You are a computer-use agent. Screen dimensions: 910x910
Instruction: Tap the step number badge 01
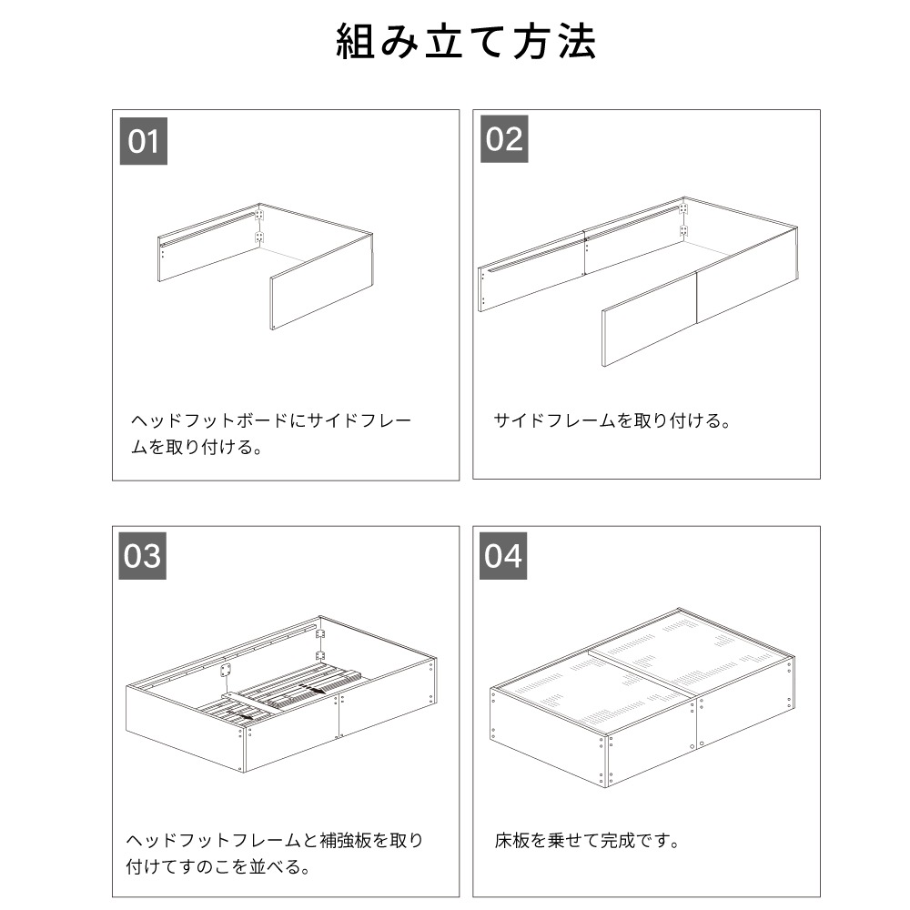coord(143,142)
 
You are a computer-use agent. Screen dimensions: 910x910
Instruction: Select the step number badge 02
coord(504,139)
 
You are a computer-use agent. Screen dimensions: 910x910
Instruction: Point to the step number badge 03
coord(143,555)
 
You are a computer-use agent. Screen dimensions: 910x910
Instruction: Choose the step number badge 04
coord(504,555)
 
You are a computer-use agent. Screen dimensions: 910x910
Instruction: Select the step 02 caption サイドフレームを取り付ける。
coord(612,421)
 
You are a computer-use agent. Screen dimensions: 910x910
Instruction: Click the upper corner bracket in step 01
coord(259,216)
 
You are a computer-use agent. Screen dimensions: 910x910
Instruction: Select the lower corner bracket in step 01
coord(259,238)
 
